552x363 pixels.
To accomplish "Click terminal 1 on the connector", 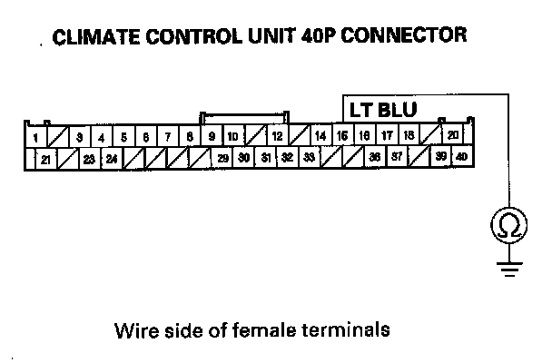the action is (34, 138).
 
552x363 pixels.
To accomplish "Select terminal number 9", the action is (212, 137).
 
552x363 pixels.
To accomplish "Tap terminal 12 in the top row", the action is (277, 137).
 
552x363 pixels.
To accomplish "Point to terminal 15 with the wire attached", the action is (342, 136).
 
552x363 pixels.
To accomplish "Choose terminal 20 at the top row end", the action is (453, 136).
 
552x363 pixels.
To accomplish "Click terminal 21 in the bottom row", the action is (45, 158).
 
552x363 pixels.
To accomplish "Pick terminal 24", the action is (111, 158).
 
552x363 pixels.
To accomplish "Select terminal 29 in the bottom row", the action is (222, 157).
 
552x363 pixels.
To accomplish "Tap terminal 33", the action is (309, 157).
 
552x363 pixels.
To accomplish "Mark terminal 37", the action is (397, 156).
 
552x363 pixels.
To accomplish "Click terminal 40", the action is (462, 156).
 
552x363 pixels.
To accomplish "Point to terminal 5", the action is (123, 137).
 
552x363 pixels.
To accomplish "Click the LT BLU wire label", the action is (383, 110).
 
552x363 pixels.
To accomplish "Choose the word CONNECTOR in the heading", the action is (411, 37).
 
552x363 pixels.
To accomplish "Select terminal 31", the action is (266, 157).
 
